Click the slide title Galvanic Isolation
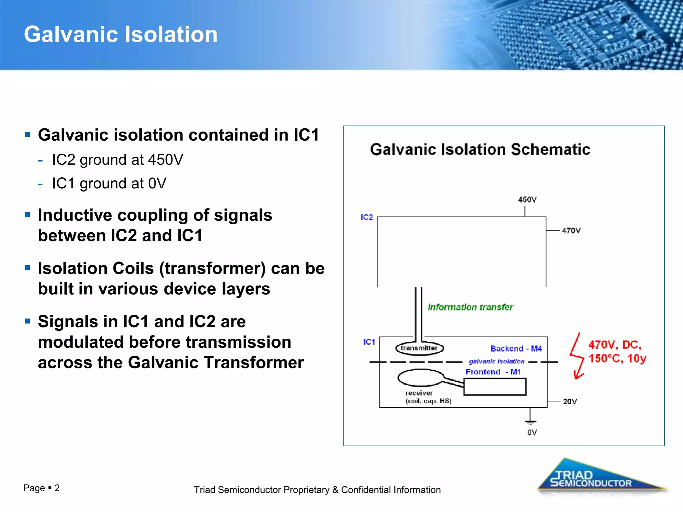click(x=121, y=34)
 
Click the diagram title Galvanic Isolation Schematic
click(x=480, y=149)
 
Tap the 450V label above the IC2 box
click(x=527, y=200)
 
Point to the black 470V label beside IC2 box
click(x=571, y=231)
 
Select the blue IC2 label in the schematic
click(x=367, y=217)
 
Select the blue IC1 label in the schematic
click(x=369, y=342)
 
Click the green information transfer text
click(x=470, y=307)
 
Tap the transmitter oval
click(x=419, y=348)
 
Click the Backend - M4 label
click(x=516, y=349)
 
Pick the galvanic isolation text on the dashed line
click(x=496, y=361)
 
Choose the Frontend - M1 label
click(x=493, y=372)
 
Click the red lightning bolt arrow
click(x=577, y=357)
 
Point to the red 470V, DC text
click(x=614, y=345)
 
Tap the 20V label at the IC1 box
click(x=570, y=402)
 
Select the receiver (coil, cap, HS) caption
click(x=428, y=397)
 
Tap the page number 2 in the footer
click(x=57, y=488)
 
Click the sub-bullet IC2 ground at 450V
click(x=117, y=160)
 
